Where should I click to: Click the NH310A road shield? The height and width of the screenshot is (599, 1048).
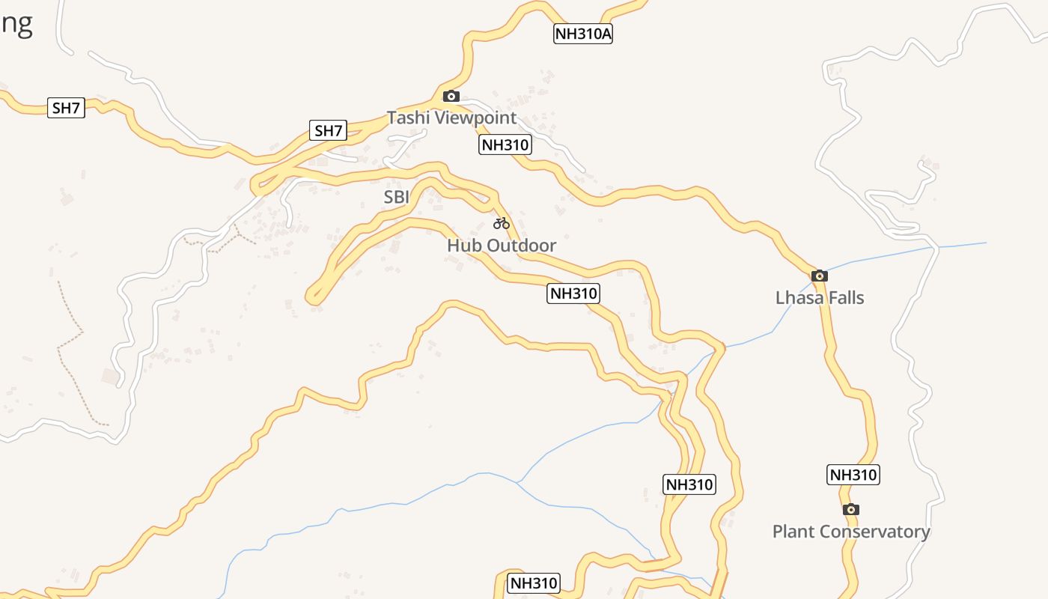pyautogui.click(x=582, y=34)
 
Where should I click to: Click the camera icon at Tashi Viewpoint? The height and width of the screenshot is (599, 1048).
pyautogui.click(x=451, y=96)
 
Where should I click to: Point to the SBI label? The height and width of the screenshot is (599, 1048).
pyautogui.click(x=397, y=197)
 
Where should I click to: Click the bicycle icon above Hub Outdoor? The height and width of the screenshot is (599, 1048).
pyautogui.click(x=501, y=223)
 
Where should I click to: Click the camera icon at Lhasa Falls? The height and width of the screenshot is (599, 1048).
pyautogui.click(x=820, y=276)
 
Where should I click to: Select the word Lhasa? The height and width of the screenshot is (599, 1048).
pyautogui.click(x=799, y=298)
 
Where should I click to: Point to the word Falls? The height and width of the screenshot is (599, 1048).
pyautogui.click(x=845, y=298)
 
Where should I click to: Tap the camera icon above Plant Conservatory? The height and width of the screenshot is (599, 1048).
pyautogui.click(x=850, y=510)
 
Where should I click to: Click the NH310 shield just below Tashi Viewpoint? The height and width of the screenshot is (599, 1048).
pyautogui.click(x=505, y=145)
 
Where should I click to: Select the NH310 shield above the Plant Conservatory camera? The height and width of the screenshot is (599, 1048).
pyautogui.click(x=853, y=475)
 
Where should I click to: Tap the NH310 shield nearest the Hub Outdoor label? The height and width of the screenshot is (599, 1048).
pyautogui.click(x=573, y=294)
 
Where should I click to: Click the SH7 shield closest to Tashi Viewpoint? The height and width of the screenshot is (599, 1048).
pyautogui.click(x=328, y=131)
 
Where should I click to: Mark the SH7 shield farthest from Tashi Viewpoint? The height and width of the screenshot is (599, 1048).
pyautogui.click(x=66, y=108)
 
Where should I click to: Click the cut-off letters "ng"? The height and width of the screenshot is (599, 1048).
pyautogui.click(x=16, y=24)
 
